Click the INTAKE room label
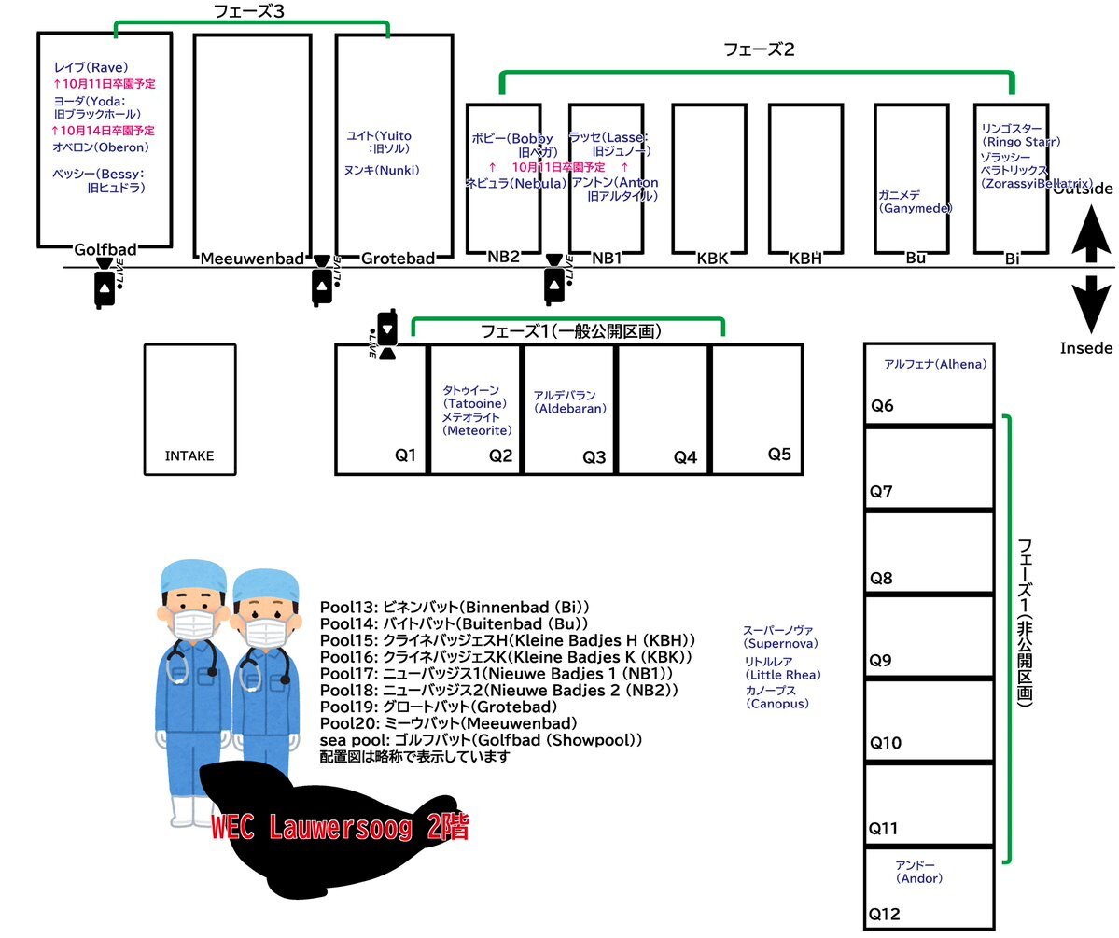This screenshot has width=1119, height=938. click(x=189, y=456)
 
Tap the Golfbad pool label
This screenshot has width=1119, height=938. click(x=105, y=249)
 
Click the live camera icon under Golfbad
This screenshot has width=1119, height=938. click(x=105, y=285)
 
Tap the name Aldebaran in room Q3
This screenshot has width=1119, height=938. click(x=570, y=402)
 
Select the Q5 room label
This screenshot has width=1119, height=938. click(x=779, y=454)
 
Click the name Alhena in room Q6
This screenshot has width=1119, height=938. click(x=934, y=364)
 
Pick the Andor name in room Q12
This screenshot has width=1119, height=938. click(x=919, y=872)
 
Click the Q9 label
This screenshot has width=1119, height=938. click(x=881, y=661)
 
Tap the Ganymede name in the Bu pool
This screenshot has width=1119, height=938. click(x=915, y=203)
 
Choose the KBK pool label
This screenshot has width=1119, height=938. click(x=711, y=258)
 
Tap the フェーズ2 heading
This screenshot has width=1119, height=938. click(x=759, y=49)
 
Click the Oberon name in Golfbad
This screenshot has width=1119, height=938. click(x=101, y=147)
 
